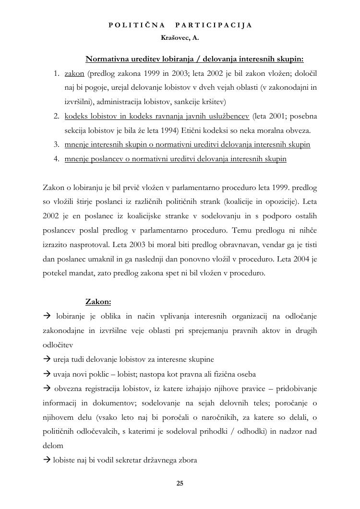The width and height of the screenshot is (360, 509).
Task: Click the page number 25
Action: pyautogui.click(x=180, y=483)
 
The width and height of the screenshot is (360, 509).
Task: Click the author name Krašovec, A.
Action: pyautogui.click(x=180, y=37)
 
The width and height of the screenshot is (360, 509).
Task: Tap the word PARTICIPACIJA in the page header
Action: pyautogui.click(x=214, y=25)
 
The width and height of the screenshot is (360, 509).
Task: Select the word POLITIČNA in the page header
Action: pyautogui.click(x=137, y=25)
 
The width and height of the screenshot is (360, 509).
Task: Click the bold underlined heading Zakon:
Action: pyautogui.click(x=98, y=302)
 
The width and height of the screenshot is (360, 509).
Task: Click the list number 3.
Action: pyautogui.click(x=56, y=144)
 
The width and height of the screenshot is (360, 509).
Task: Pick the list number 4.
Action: pyautogui.click(x=56, y=159)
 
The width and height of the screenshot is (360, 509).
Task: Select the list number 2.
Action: pyautogui.click(x=56, y=116)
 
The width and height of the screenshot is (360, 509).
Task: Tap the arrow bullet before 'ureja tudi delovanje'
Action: pyautogui.click(x=47, y=359)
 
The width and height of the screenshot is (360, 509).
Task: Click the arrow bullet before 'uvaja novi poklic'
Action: pyautogui.click(x=47, y=374)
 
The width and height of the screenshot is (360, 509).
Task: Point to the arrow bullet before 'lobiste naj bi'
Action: pyautogui.click(x=47, y=460)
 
